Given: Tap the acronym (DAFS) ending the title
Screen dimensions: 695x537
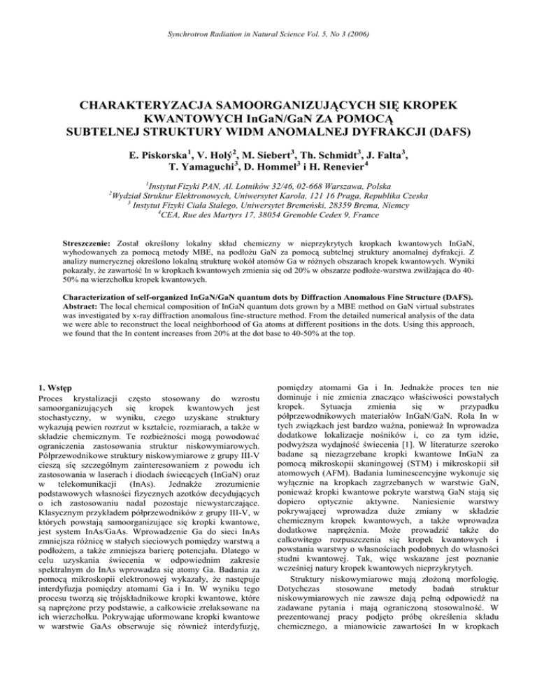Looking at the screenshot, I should [x=439, y=135].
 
